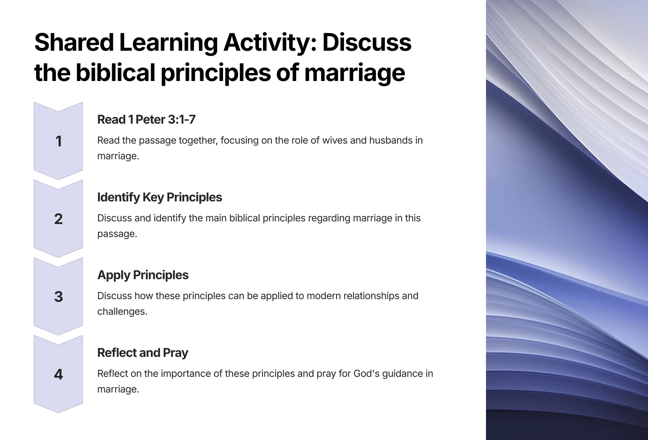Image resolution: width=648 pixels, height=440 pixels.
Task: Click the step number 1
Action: [x=59, y=141]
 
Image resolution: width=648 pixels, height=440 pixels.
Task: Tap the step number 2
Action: [x=59, y=219]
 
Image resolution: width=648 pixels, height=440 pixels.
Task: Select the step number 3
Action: [x=59, y=297]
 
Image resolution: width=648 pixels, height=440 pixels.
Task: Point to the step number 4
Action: [x=59, y=375]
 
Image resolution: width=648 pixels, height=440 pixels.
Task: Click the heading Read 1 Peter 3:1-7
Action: [x=146, y=120]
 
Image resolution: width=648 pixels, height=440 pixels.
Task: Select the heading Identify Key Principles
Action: [x=159, y=197]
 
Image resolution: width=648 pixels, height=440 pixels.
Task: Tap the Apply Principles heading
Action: [x=143, y=275]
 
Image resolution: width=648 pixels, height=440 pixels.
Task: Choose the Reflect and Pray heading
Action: [x=142, y=353]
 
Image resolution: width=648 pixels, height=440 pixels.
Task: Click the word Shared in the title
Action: [x=74, y=43]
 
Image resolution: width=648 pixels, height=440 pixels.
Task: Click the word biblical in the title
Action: [x=115, y=73]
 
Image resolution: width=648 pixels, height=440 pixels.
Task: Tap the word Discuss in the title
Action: [x=367, y=43]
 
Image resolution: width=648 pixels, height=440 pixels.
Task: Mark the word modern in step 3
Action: [x=324, y=296]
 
